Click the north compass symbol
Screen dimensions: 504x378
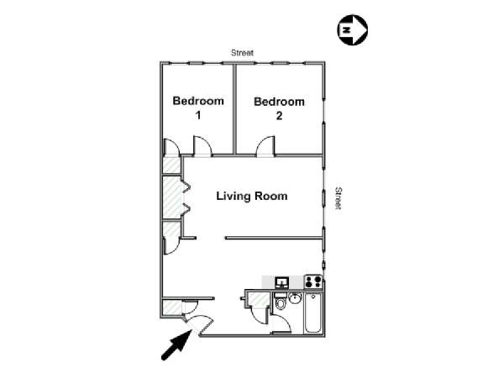pyautogui.click(x=352, y=30)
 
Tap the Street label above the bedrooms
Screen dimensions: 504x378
pyautogui.click(x=243, y=53)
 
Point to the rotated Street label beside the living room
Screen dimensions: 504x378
pyautogui.click(x=339, y=198)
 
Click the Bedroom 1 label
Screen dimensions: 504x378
pyautogui.click(x=198, y=108)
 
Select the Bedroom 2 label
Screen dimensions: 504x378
pyautogui.click(x=279, y=108)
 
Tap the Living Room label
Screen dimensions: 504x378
pyautogui.click(x=252, y=196)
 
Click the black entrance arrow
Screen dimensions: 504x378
pyautogui.click(x=176, y=345)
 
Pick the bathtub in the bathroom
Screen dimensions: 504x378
pyautogui.click(x=312, y=312)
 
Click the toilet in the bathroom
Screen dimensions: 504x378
pyautogui.click(x=281, y=302)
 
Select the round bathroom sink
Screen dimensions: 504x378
pyautogui.click(x=295, y=298)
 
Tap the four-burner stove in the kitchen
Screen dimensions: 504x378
pyautogui.click(x=312, y=282)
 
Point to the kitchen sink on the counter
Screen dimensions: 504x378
pyautogui.click(x=282, y=282)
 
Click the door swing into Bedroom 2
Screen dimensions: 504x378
pyautogui.click(x=265, y=146)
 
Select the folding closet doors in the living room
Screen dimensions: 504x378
pyautogui.click(x=186, y=198)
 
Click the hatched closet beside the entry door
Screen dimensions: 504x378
pyautogui.click(x=172, y=307)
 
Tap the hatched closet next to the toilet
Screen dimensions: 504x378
pyautogui.click(x=259, y=300)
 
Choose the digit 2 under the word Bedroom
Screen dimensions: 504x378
pyautogui.click(x=279, y=116)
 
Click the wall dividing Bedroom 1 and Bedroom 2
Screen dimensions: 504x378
pyautogui.click(x=234, y=109)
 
